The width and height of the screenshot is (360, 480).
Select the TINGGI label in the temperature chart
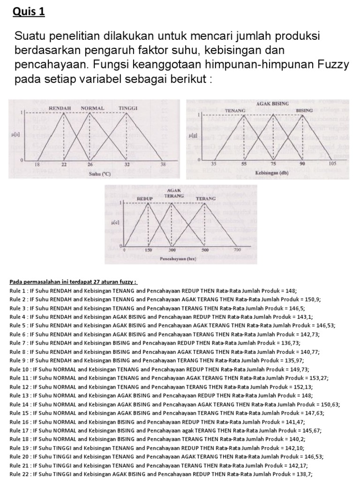[x=127, y=108]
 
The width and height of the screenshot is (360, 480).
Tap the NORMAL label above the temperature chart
[x=92, y=108]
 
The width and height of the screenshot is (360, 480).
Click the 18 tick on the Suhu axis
[x=37, y=165]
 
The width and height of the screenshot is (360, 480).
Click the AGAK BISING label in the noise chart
[x=272, y=103]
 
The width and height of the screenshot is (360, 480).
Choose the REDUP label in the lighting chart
[x=145, y=199]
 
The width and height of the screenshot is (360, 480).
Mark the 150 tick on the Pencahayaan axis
[x=148, y=251]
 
